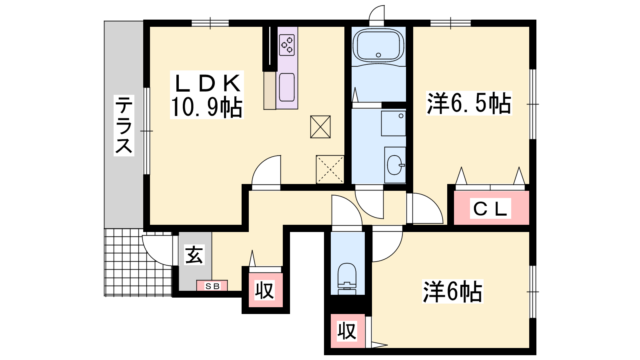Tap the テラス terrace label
click(x=124, y=126)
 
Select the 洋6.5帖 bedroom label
click(x=469, y=103)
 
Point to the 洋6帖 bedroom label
click(x=452, y=292)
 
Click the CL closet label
click(x=490, y=208)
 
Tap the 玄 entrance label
click(x=194, y=254)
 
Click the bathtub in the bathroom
click(x=378, y=46)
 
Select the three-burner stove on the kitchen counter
click(x=287, y=45)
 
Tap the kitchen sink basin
click(x=287, y=87)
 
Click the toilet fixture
click(x=347, y=278)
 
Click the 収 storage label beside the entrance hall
click(x=265, y=290)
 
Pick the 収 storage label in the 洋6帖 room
click(x=347, y=331)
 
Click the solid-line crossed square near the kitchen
click(x=320, y=127)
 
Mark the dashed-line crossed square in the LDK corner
click(x=330, y=170)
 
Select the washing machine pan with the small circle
click(x=394, y=124)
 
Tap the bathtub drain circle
click(x=378, y=55)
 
